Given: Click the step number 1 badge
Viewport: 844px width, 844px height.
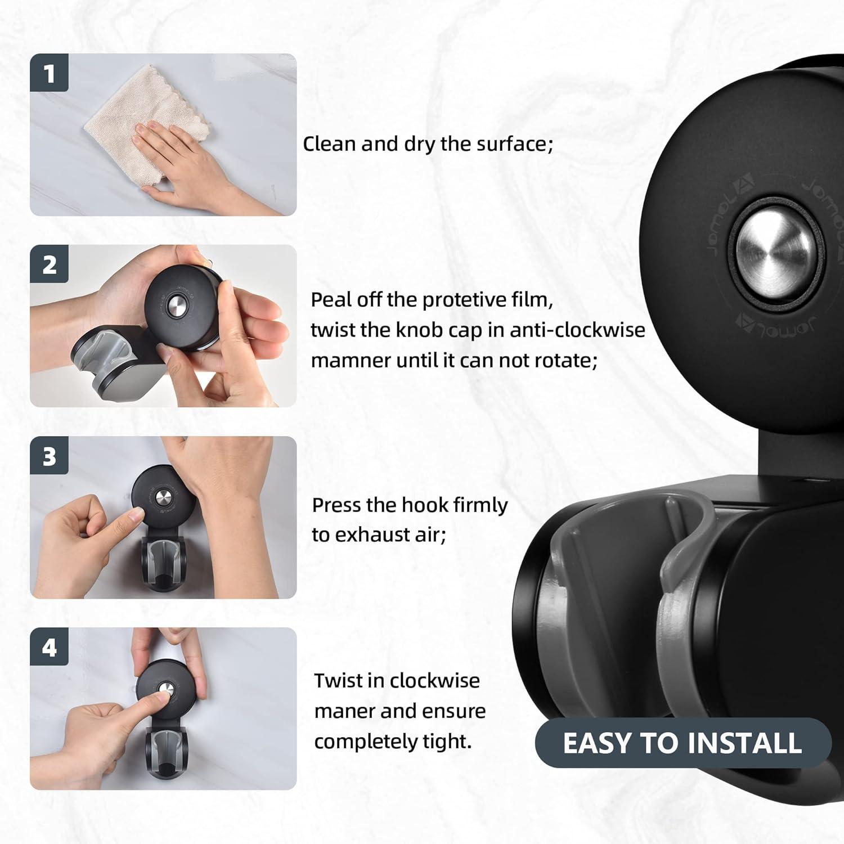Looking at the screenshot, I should point(50,73).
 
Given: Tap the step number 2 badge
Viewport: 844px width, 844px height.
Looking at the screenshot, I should point(50,264).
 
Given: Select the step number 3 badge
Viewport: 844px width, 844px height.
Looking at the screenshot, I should point(50,456).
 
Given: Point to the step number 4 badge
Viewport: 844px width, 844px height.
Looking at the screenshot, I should point(50,647).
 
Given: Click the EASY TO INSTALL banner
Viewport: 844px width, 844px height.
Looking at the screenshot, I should point(683,743).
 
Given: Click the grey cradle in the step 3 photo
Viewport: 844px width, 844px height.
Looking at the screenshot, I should point(160,563).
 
